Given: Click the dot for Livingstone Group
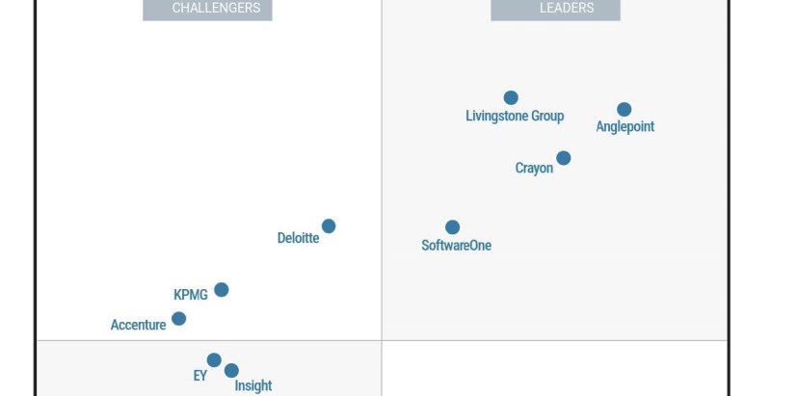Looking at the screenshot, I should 511,97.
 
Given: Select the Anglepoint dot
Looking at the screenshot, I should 624,110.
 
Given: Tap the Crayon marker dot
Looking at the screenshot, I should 563,158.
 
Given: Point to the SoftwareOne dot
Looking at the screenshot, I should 452,227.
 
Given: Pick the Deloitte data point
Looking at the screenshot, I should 329,226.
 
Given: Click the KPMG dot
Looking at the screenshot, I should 221,290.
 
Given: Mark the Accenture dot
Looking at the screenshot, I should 178,319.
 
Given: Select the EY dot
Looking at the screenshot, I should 214,360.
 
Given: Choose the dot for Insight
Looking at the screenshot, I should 231,371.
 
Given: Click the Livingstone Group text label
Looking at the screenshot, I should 515,117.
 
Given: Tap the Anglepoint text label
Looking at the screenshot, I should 624,127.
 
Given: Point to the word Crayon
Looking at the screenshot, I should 534,169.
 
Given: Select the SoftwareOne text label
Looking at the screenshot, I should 456,246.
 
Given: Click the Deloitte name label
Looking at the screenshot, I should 298,238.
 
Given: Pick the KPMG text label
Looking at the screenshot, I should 190,295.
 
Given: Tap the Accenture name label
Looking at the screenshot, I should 138,326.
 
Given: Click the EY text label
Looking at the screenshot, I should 199,376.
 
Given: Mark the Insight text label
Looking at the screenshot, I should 253,385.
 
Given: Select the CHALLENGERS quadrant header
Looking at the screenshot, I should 207,9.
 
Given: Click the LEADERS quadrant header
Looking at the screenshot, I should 555,9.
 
